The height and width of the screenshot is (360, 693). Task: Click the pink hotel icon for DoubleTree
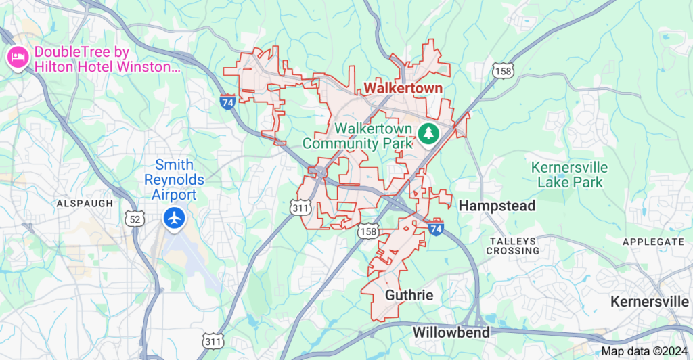pos(16,58)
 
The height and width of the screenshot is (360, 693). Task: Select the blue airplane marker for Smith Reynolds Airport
pos(175,218)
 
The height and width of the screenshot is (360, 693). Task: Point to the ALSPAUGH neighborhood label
pos(85,203)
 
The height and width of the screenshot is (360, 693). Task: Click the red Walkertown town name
pos(403,88)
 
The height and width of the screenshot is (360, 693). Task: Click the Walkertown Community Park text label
pos(359,135)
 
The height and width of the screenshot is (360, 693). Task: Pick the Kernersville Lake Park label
pos(569,175)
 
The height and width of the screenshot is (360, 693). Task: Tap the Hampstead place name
pos(497,206)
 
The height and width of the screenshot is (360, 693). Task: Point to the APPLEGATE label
pos(653,242)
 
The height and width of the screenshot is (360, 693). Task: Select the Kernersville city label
pos(650,301)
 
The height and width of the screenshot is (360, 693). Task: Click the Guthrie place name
pos(409,295)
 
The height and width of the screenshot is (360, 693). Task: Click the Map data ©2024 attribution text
pos(644,351)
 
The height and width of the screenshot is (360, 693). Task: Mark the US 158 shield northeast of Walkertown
pos(504,71)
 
